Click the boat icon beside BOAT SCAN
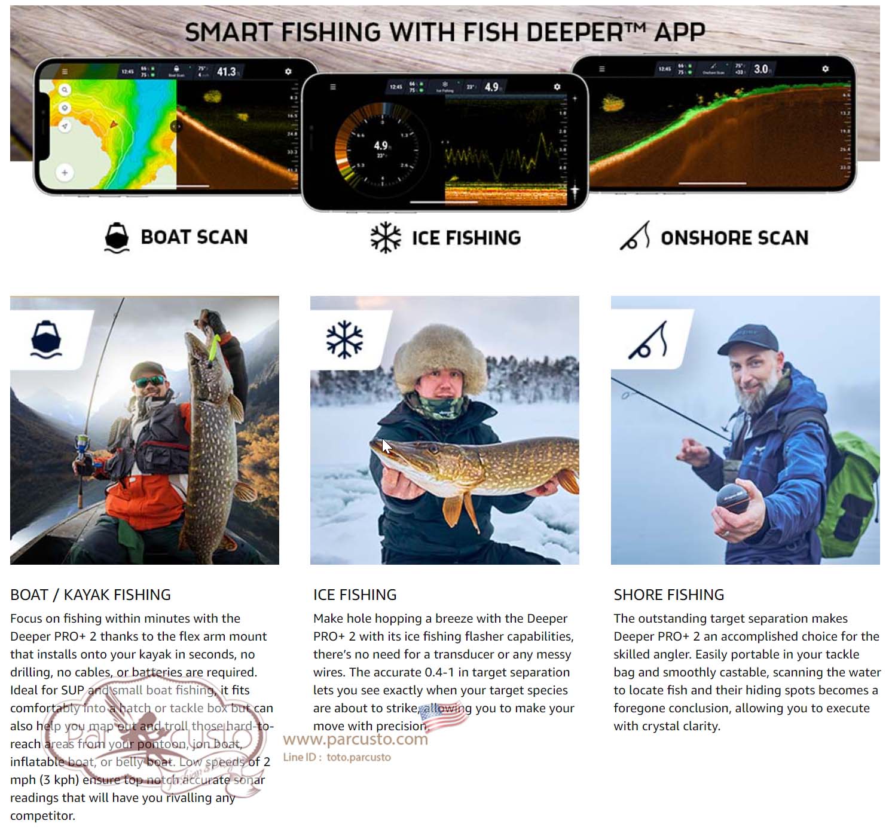[x=117, y=238]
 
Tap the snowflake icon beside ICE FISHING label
[x=386, y=238]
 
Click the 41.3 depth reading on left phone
[x=226, y=72]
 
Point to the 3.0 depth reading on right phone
[x=760, y=69]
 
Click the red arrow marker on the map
[x=113, y=124]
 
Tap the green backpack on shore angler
[x=852, y=490]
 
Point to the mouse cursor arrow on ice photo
[x=386, y=446]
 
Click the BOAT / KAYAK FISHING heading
[x=90, y=595]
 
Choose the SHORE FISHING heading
[x=668, y=595]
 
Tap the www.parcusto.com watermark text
[x=355, y=740]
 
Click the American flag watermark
[x=443, y=716]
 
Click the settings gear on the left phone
[x=288, y=72]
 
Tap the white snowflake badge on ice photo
[x=344, y=339]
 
